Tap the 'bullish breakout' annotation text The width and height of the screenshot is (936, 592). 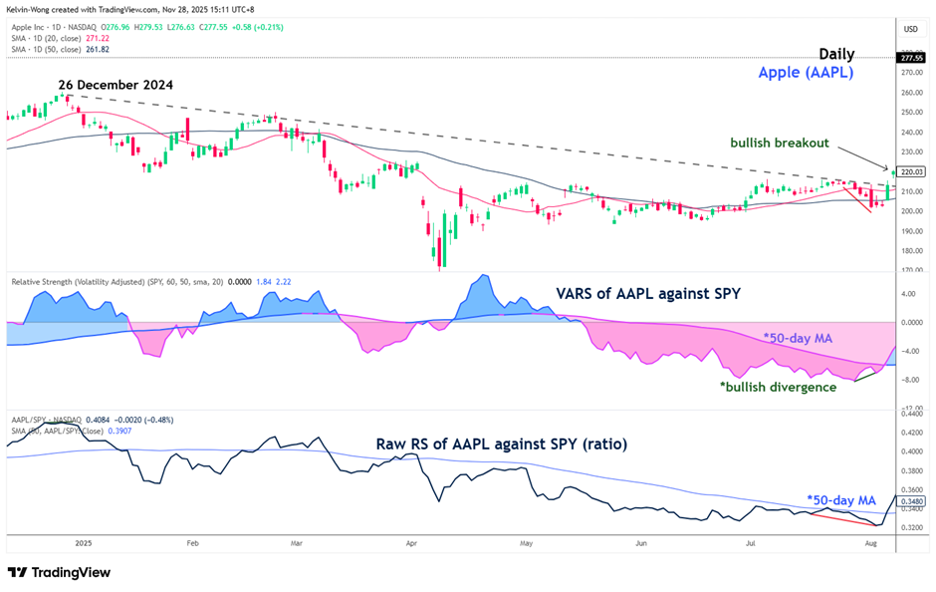pos(780,144)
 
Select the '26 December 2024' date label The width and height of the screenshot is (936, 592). pos(116,85)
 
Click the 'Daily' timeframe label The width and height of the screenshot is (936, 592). pos(836,54)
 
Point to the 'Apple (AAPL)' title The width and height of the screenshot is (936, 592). pos(806,73)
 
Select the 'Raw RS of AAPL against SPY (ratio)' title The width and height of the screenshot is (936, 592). pos(501,444)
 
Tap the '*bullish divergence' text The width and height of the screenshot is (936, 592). pos(778,387)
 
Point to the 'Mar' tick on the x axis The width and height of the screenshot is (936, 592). pos(296,544)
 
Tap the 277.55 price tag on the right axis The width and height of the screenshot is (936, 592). pos(911,59)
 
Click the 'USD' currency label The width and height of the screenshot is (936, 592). pos(910,29)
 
